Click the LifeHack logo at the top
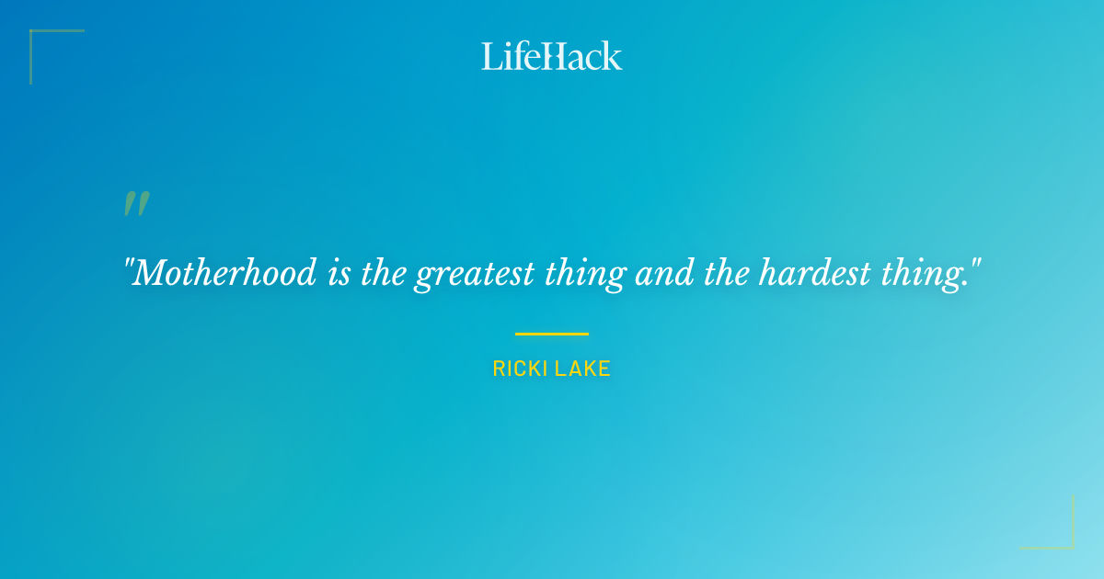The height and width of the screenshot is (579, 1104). point(552,56)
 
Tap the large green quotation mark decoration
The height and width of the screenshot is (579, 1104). point(136,204)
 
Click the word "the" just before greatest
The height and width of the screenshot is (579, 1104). point(384,273)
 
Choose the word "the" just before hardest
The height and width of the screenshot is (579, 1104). point(728,273)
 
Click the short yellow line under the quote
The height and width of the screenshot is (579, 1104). point(552,334)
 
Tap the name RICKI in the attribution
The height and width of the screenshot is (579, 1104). point(521,369)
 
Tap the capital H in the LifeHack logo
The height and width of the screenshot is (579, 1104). point(550,57)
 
